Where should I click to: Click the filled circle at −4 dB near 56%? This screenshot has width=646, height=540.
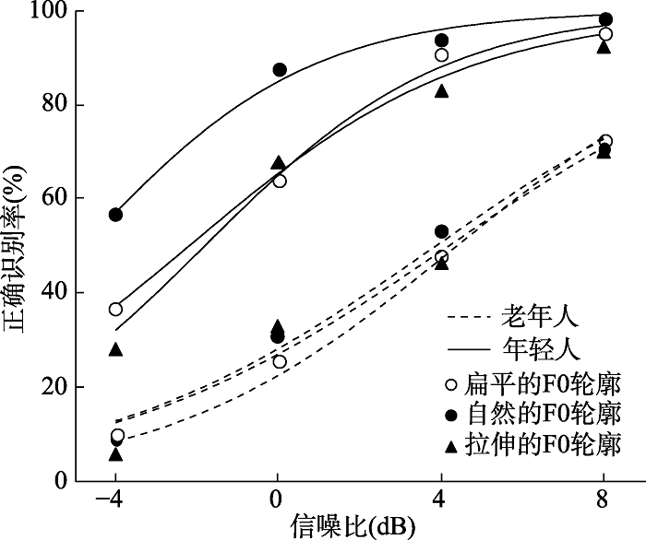[115, 215]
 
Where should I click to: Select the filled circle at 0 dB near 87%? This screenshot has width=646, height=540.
[280, 70]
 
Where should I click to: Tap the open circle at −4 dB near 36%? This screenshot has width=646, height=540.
[115, 310]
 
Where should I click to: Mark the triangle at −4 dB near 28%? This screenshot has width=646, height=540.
[115, 349]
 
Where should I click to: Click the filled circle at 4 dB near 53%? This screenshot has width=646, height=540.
[441, 231]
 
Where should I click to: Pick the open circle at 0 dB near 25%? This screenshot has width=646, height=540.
[280, 361]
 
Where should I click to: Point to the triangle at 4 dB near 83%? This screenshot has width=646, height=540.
[442, 91]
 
